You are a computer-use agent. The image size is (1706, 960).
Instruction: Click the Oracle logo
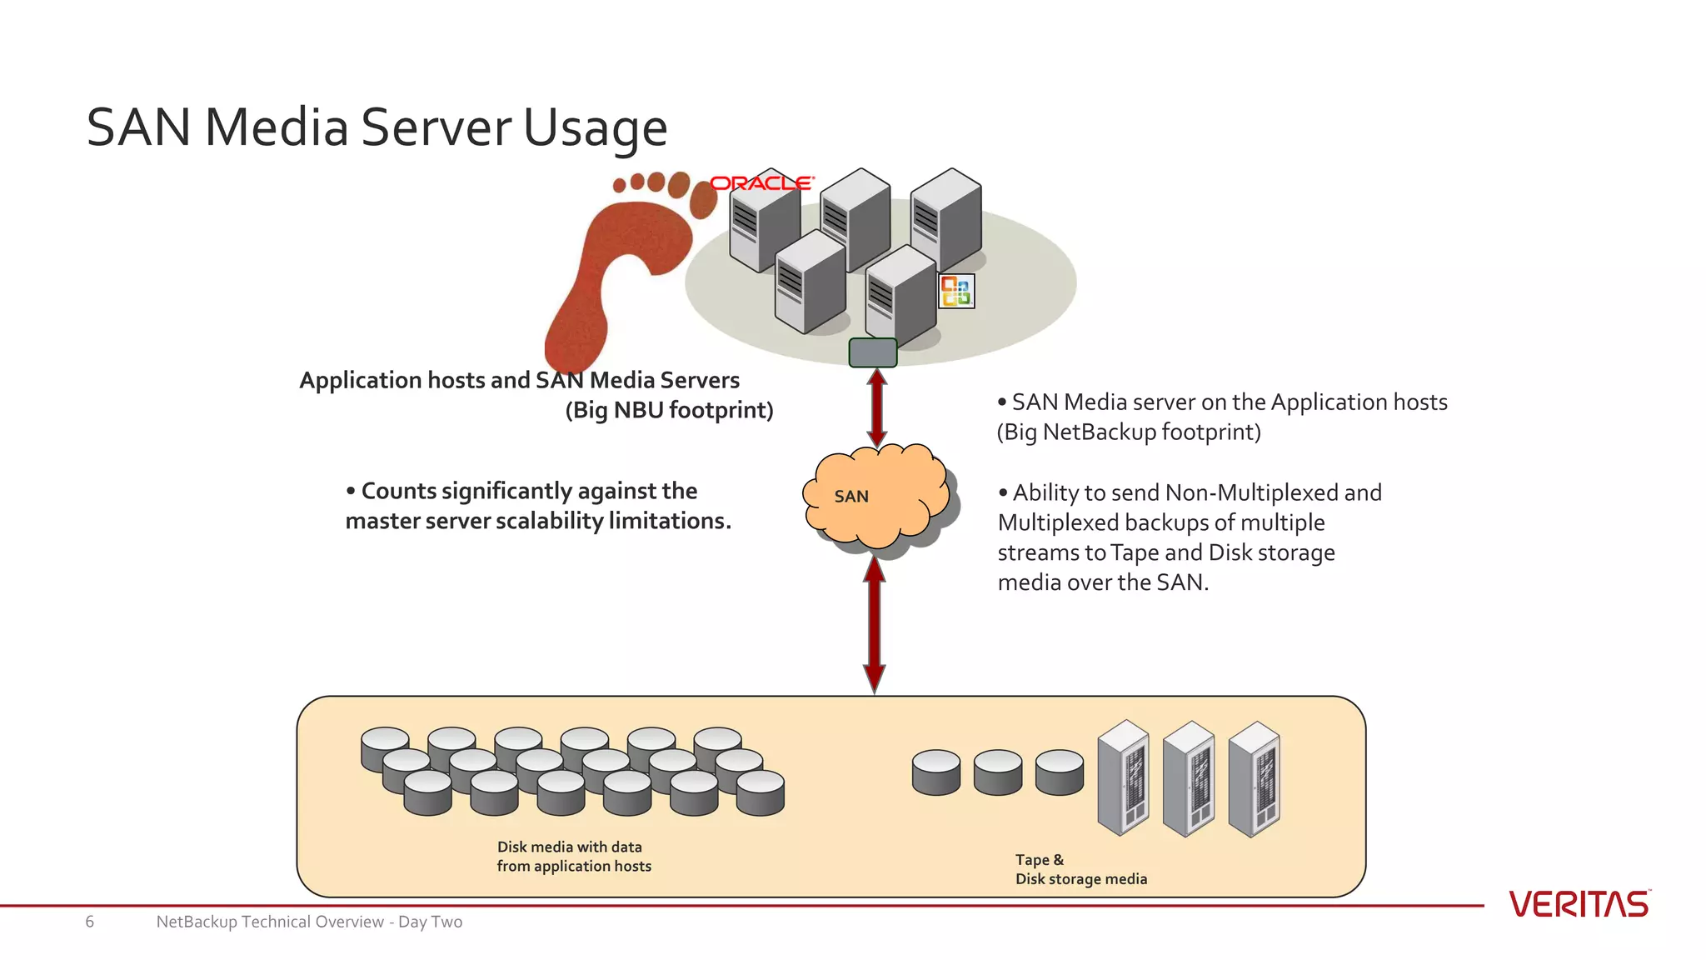click(761, 183)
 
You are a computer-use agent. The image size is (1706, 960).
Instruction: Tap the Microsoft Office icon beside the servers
click(956, 292)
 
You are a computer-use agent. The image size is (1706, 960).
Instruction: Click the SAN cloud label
click(851, 497)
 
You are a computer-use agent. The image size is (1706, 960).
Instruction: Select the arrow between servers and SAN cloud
click(876, 408)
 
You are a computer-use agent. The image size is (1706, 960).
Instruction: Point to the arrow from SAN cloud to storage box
click(874, 625)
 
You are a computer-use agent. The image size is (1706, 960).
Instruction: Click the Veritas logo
click(1579, 904)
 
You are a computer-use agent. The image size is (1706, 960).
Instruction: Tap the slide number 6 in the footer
click(90, 922)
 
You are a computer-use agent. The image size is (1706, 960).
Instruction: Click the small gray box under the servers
click(872, 352)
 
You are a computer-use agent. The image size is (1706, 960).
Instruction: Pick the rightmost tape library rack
click(1254, 779)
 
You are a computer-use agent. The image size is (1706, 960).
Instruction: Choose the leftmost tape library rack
click(1123, 778)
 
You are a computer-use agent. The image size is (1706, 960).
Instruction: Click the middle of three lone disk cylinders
click(997, 772)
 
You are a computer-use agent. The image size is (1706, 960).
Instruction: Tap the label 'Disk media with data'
click(570, 847)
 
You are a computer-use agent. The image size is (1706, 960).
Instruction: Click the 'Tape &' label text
click(1039, 860)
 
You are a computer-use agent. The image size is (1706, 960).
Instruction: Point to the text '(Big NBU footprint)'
click(669, 411)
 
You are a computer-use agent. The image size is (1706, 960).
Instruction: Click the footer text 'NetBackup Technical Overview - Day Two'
click(309, 922)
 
